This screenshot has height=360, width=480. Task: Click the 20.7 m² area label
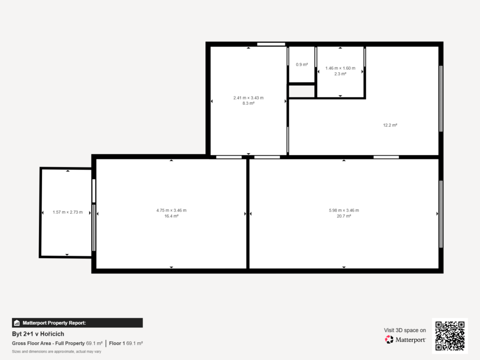click(x=344, y=216)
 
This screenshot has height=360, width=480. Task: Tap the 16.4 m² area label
click(x=171, y=216)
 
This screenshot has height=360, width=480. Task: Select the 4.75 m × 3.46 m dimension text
click(x=171, y=211)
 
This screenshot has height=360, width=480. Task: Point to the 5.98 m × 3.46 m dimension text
click(x=344, y=211)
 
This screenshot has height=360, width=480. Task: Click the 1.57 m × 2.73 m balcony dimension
click(x=68, y=212)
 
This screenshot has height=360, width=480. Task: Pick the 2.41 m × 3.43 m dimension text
click(x=248, y=98)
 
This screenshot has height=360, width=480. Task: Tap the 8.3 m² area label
click(x=248, y=103)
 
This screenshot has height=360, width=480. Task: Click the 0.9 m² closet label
click(x=302, y=65)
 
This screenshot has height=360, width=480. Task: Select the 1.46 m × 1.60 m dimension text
click(x=340, y=68)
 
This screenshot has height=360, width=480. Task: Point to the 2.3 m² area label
click(x=340, y=74)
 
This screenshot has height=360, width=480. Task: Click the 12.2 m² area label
click(x=390, y=125)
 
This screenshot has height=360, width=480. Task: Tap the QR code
click(x=450, y=336)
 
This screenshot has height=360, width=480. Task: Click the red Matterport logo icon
click(x=389, y=340)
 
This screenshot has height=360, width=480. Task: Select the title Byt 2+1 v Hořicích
click(x=38, y=334)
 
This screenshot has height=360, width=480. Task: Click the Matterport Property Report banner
click(x=77, y=323)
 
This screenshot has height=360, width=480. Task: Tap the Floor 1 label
click(x=117, y=344)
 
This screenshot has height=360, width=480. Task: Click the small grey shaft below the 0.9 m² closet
click(x=302, y=91)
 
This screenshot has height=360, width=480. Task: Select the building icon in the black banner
click(x=17, y=323)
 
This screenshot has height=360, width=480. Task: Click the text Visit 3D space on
click(x=405, y=330)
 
